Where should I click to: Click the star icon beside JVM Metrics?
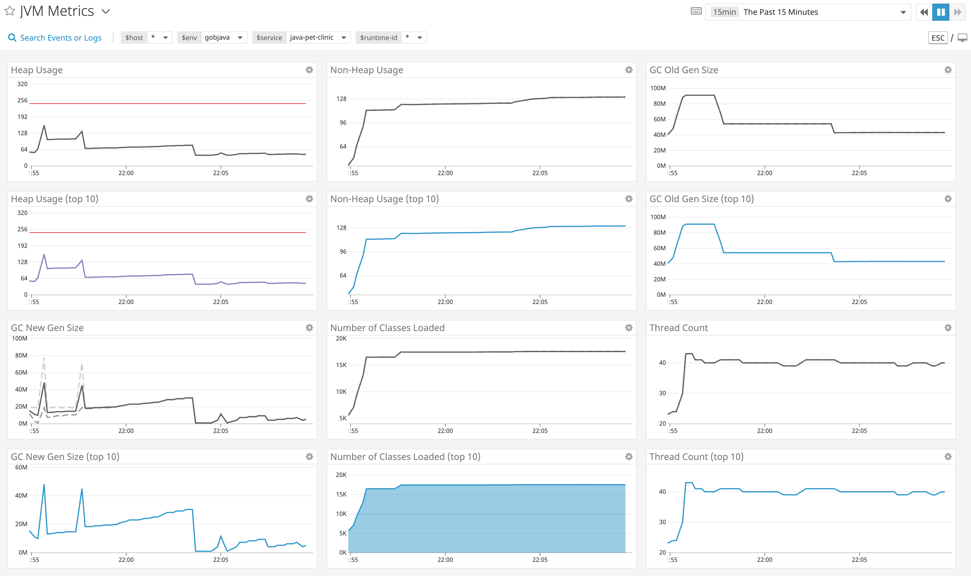click(10, 11)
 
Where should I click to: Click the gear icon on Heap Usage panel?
click(309, 70)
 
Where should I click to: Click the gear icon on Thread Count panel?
click(948, 328)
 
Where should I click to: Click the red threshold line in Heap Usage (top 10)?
click(167, 233)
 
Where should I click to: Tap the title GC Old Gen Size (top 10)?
click(701, 199)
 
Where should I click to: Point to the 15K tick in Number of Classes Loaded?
click(341, 365)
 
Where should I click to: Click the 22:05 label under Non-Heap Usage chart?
click(540, 173)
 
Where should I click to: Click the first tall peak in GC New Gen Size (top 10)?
click(44, 485)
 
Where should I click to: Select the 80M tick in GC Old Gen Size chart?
click(659, 104)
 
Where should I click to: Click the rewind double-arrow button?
click(924, 12)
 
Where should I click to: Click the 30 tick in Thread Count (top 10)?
click(662, 522)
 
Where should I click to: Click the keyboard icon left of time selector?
click(696, 11)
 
